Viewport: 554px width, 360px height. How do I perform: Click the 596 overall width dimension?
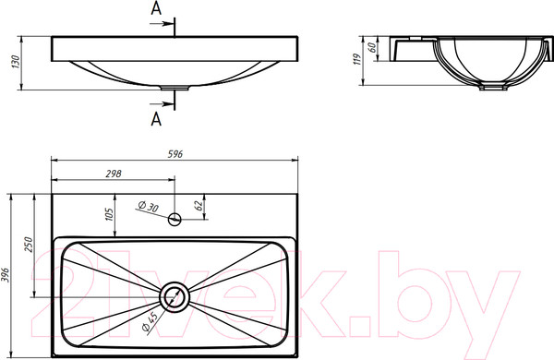[x=175, y=154]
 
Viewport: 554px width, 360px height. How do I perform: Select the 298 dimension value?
[x=114, y=174]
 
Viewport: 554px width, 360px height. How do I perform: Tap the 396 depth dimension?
[x=5, y=275]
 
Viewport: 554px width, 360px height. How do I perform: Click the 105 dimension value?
[x=109, y=214]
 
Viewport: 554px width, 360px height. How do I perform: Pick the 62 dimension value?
[x=199, y=206]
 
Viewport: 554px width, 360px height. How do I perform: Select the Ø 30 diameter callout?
[x=148, y=207]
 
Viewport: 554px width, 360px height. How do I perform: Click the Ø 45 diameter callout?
[x=149, y=322]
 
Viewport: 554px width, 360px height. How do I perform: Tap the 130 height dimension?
[x=16, y=62]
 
